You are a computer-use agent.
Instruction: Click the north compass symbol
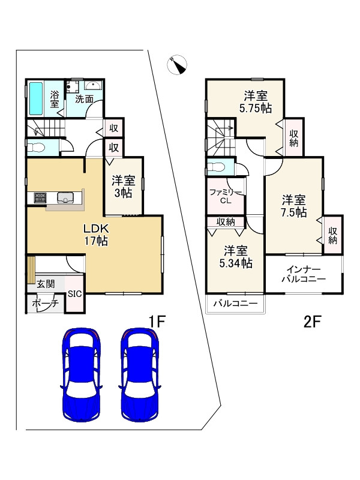177,65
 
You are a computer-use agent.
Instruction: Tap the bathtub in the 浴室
36,98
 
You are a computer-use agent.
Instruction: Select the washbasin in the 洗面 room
92,85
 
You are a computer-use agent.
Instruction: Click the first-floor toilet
36,148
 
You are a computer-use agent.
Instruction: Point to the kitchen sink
65,197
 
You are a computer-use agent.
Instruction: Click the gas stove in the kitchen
40,197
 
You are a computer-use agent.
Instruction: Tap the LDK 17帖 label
96,235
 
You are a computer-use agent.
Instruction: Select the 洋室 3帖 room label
124,187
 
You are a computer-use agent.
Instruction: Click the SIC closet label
74,294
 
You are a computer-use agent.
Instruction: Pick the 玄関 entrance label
46,284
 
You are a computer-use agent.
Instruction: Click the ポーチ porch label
46,304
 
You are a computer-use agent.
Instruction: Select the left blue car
81,374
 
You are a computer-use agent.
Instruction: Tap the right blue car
140,374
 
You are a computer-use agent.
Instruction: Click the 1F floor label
157,322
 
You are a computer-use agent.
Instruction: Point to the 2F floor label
312,322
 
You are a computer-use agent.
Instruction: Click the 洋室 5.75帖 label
256,102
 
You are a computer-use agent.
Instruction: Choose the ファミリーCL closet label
226,197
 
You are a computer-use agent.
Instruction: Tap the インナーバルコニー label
304,274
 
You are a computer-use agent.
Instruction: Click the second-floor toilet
216,167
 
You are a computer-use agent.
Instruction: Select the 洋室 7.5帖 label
294,206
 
